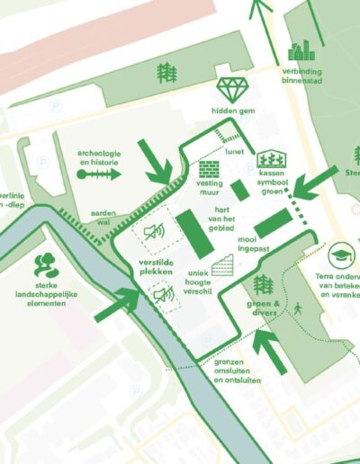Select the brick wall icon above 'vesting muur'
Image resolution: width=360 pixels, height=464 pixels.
pyautogui.click(x=210, y=170)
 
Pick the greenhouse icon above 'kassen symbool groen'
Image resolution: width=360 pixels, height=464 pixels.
pyautogui.click(x=272, y=160)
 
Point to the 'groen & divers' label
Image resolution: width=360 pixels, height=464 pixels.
pyautogui.click(x=265, y=309)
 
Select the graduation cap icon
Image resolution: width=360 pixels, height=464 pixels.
pyautogui.click(x=341, y=255)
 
